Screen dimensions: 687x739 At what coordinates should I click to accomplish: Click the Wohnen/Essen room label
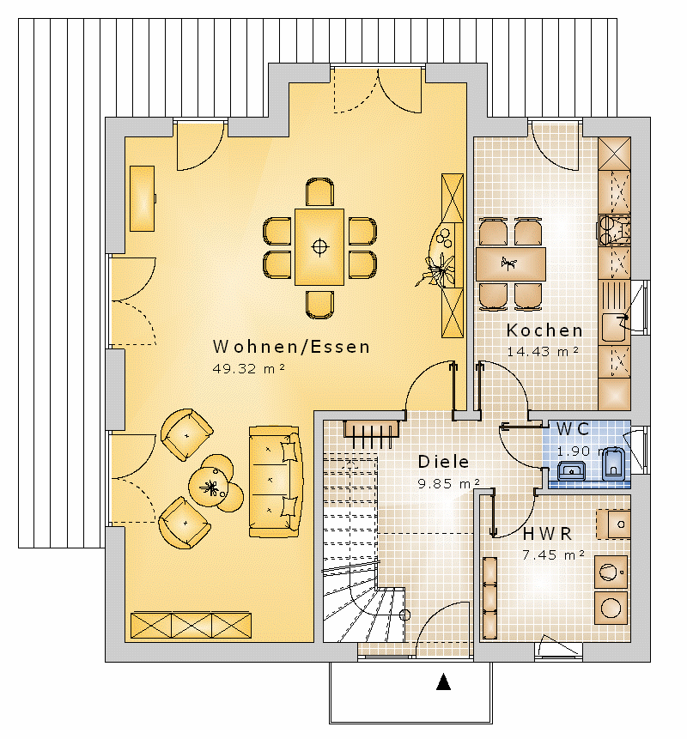[x=291, y=347]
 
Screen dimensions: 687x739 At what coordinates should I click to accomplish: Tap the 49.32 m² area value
[x=248, y=368]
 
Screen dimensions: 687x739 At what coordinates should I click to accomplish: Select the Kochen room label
[x=544, y=330]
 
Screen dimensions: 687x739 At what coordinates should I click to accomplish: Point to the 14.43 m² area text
[x=543, y=352]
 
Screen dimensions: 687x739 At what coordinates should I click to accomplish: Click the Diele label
[x=443, y=462]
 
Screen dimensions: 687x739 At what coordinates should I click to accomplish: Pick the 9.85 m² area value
[x=448, y=483]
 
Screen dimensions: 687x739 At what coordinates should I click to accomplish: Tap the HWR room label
[x=547, y=534]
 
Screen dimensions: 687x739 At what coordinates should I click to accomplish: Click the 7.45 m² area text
[x=554, y=554]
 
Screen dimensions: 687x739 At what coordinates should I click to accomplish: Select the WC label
[x=573, y=429]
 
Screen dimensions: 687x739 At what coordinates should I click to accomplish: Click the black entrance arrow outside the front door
[x=443, y=682]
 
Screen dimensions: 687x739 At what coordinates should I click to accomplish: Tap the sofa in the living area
[x=275, y=482]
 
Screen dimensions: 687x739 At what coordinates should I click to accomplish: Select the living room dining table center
[x=319, y=246]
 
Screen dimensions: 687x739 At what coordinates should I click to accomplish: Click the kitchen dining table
[x=511, y=264]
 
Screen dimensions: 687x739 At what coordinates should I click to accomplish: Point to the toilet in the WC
[x=613, y=464]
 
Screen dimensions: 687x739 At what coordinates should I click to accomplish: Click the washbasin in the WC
[x=571, y=470]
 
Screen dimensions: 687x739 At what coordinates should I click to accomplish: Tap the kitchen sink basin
[x=614, y=327]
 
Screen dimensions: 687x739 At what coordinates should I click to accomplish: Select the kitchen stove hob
[x=614, y=230]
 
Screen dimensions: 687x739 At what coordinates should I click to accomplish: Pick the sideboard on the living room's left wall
[x=142, y=198]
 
